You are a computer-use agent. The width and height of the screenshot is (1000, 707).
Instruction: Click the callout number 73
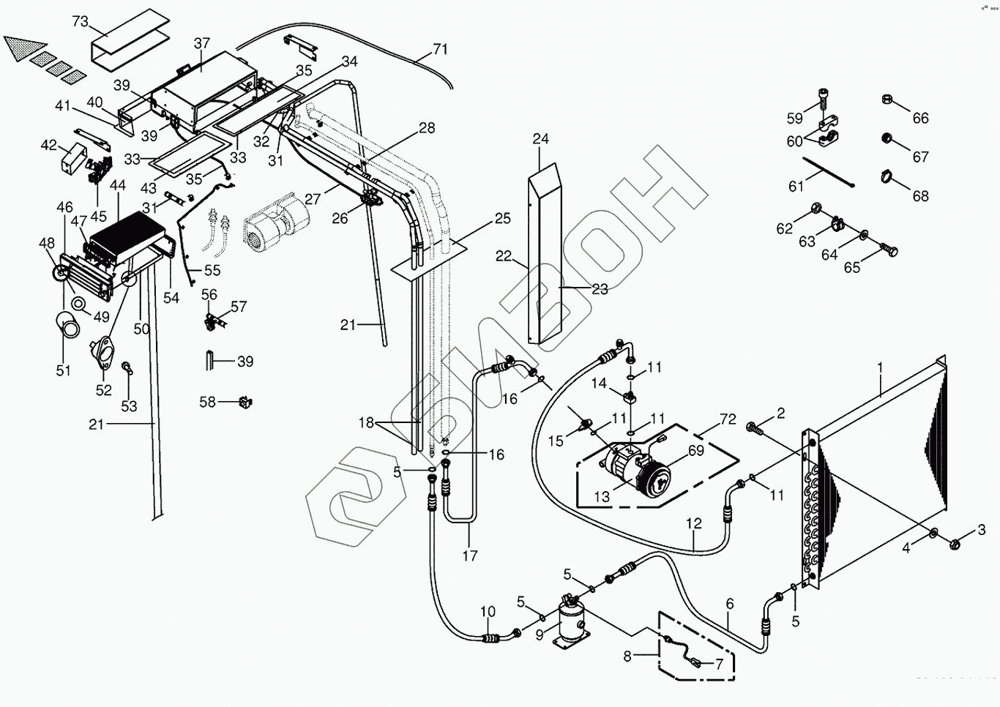click(80, 22)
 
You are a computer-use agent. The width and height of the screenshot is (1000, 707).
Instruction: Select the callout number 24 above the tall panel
click(541, 139)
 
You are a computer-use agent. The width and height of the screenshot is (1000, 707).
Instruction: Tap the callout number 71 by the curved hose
click(440, 50)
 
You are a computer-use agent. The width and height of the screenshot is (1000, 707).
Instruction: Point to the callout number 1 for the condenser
click(881, 367)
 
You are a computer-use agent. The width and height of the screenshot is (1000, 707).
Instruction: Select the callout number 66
click(920, 118)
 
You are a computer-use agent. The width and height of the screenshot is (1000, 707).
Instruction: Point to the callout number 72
click(728, 419)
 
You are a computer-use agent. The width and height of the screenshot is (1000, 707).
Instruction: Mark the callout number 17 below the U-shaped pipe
click(470, 555)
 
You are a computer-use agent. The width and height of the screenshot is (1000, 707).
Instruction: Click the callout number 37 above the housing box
click(202, 44)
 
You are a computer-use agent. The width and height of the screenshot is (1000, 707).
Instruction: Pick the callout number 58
click(208, 402)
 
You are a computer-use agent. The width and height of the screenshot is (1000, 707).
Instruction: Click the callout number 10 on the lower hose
click(488, 612)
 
